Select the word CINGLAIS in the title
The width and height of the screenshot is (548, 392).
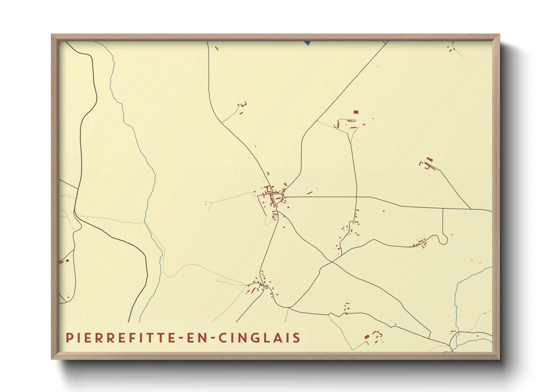point(259,338)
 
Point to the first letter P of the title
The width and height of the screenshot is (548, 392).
point(68,338)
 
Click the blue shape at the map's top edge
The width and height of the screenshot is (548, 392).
point(307,43)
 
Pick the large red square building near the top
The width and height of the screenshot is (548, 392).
point(356,112)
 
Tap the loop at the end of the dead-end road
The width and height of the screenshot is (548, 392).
point(443,240)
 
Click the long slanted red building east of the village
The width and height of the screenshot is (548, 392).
point(310,193)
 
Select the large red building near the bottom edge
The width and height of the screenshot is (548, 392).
point(367,337)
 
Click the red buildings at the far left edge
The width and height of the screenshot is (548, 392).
point(64,261)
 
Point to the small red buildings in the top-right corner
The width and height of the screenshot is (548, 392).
point(451,49)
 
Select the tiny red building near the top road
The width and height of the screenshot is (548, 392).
point(217,48)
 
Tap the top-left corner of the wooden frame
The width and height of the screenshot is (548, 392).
point(52,35)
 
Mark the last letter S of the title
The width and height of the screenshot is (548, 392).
point(297,338)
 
